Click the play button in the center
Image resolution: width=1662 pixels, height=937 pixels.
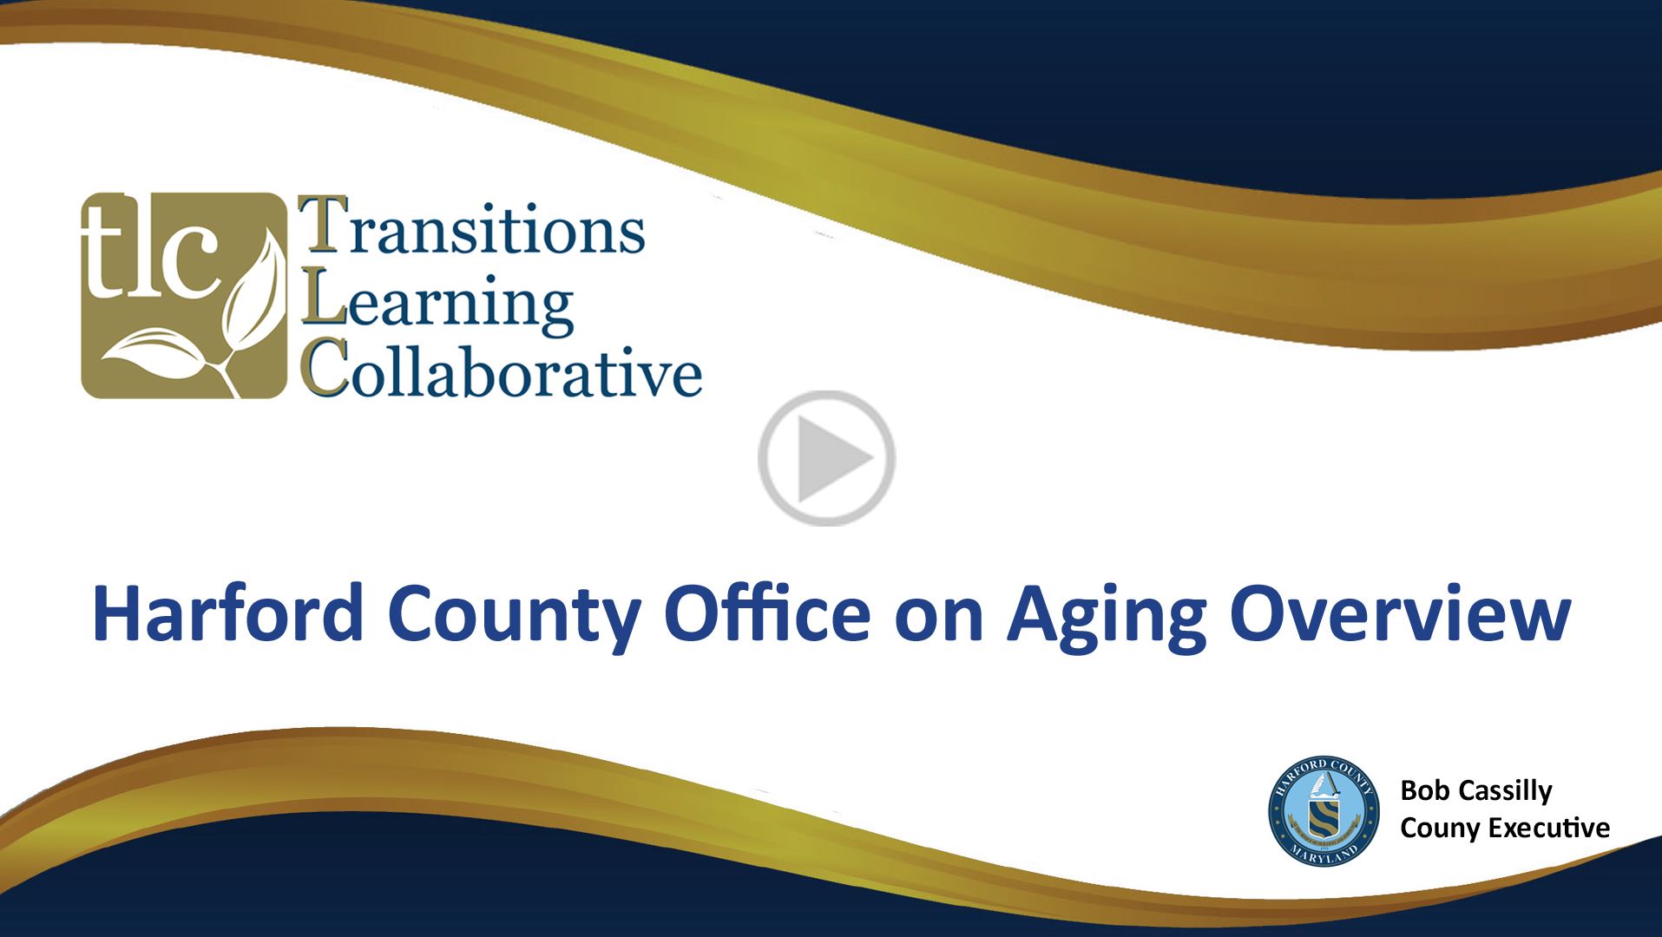(826, 458)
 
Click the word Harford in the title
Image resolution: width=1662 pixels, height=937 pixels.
(228, 613)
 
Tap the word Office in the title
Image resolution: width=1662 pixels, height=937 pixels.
(767, 613)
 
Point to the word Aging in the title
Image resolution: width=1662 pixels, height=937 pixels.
(1107, 613)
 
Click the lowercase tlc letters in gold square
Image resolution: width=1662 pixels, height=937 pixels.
(149, 252)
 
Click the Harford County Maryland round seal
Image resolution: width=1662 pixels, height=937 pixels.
(1324, 810)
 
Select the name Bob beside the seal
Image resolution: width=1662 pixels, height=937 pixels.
(1424, 790)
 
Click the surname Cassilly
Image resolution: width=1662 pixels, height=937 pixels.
(1505, 790)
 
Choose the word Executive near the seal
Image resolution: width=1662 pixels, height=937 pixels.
(1549, 828)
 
